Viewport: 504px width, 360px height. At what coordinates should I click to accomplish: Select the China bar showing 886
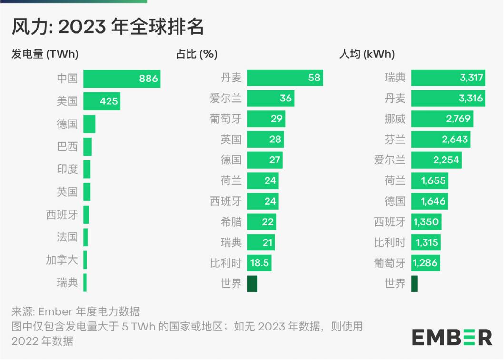click(x=121, y=79)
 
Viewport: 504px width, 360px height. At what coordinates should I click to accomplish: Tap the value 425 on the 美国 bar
click(x=109, y=101)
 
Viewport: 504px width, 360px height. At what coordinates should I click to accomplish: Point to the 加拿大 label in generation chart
click(x=61, y=260)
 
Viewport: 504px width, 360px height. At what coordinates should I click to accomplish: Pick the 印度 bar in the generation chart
click(x=87, y=169)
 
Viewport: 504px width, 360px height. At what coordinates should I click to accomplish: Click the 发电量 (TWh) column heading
click(x=45, y=54)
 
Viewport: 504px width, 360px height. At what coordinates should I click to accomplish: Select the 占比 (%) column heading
click(x=197, y=54)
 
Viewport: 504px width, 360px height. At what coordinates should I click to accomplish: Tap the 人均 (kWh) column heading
click(x=366, y=54)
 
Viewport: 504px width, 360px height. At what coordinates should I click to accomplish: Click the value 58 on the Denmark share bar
click(x=315, y=78)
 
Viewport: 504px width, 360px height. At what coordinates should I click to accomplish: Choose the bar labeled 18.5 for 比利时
click(x=259, y=262)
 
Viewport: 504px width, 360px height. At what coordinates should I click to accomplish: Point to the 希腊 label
click(x=231, y=221)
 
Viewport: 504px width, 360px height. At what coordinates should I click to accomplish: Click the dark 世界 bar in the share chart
click(x=252, y=284)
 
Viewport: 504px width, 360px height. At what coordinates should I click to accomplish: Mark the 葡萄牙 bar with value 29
click(x=266, y=119)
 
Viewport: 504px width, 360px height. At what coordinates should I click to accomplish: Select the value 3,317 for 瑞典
click(x=471, y=78)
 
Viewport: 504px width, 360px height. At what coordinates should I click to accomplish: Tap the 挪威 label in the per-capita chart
click(x=395, y=119)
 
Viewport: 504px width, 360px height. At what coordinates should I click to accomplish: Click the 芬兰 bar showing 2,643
click(x=440, y=140)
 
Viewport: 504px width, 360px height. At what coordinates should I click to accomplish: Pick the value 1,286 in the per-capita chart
click(x=425, y=262)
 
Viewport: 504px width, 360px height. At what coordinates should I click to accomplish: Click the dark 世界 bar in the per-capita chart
click(x=414, y=284)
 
